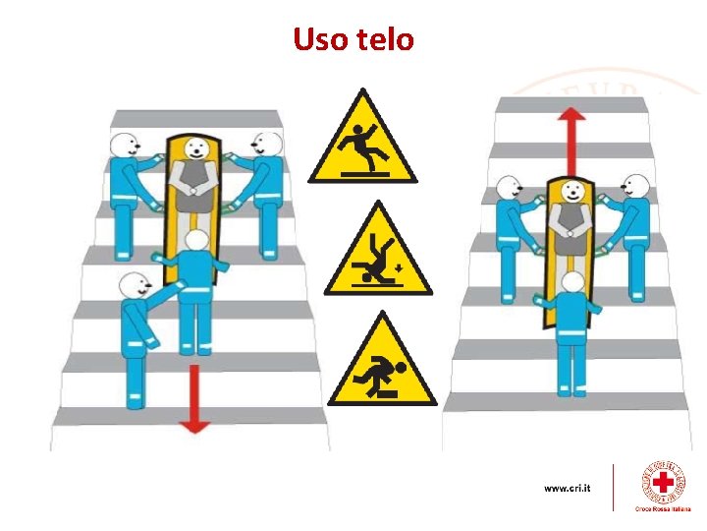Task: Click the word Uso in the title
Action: (319, 40)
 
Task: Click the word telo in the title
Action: (383, 40)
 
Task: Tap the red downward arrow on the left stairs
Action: (194, 398)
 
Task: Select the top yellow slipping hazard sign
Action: (362, 143)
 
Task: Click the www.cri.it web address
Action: (567, 488)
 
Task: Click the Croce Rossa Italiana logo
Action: (664, 486)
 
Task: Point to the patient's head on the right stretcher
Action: (566, 193)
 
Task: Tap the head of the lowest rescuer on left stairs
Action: (131, 287)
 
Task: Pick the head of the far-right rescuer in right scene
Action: (635, 186)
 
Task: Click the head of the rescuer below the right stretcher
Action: (571, 283)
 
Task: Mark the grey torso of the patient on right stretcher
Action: (567, 218)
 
